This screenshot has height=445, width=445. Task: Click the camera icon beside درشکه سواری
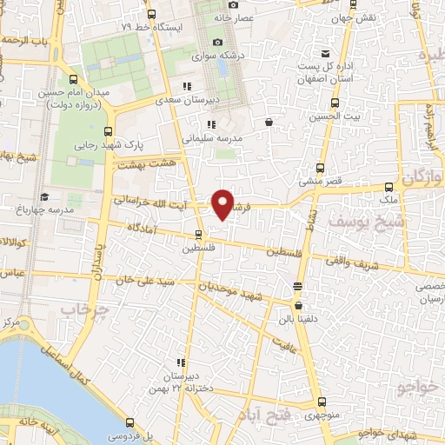pyautogui.click(x=217, y=42)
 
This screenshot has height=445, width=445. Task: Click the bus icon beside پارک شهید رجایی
pyautogui.click(x=109, y=131)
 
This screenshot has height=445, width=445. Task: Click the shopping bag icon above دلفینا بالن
pyautogui.click(x=299, y=305)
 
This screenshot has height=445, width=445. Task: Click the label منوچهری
pyautogui.click(x=322, y=415)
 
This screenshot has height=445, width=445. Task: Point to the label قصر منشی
pyautogui.click(x=320, y=182)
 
